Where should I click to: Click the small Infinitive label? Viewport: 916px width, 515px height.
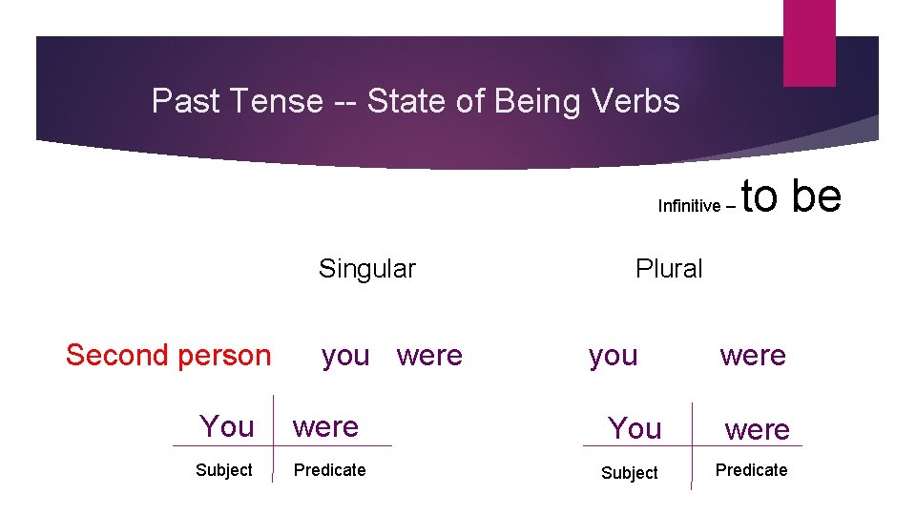tap(689, 206)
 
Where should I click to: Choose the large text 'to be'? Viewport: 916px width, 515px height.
tap(791, 196)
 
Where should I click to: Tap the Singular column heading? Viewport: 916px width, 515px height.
tap(366, 269)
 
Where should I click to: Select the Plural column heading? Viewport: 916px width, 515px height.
tap(668, 269)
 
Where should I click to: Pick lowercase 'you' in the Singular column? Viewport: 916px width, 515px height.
tap(345, 356)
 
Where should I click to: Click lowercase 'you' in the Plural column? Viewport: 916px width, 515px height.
tap(613, 356)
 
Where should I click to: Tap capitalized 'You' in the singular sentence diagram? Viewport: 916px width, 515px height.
tap(226, 426)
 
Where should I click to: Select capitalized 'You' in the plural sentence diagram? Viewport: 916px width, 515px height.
tap(635, 429)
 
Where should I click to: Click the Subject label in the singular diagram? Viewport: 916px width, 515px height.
tap(223, 470)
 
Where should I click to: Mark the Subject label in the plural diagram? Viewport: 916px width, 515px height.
tap(629, 473)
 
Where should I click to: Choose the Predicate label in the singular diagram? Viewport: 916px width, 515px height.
tap(329, 470)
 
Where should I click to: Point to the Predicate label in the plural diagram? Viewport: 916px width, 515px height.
tap(751, 470)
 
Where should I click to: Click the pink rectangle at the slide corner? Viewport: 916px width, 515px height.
tap(808, 43)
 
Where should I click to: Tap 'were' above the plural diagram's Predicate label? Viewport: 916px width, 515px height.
tap(757, 430)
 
